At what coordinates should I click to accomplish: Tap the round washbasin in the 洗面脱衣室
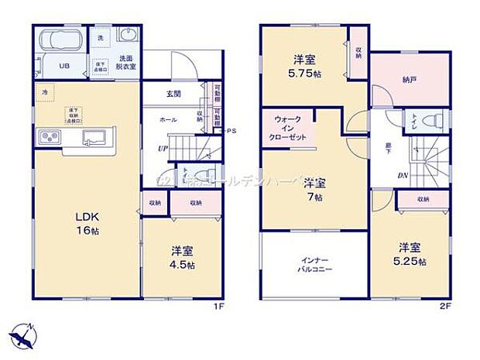click(x=127, y=36)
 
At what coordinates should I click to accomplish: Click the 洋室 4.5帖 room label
click(x=182, y=257)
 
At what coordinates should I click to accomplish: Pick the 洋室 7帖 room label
click(x=314, y=190)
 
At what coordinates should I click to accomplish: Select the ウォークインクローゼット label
click(x=286, y=128)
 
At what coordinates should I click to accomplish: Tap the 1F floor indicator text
click(x=219, y=306)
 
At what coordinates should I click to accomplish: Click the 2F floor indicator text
click(x=445, y=306)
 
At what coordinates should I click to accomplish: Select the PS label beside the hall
click(x=230, y=132)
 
